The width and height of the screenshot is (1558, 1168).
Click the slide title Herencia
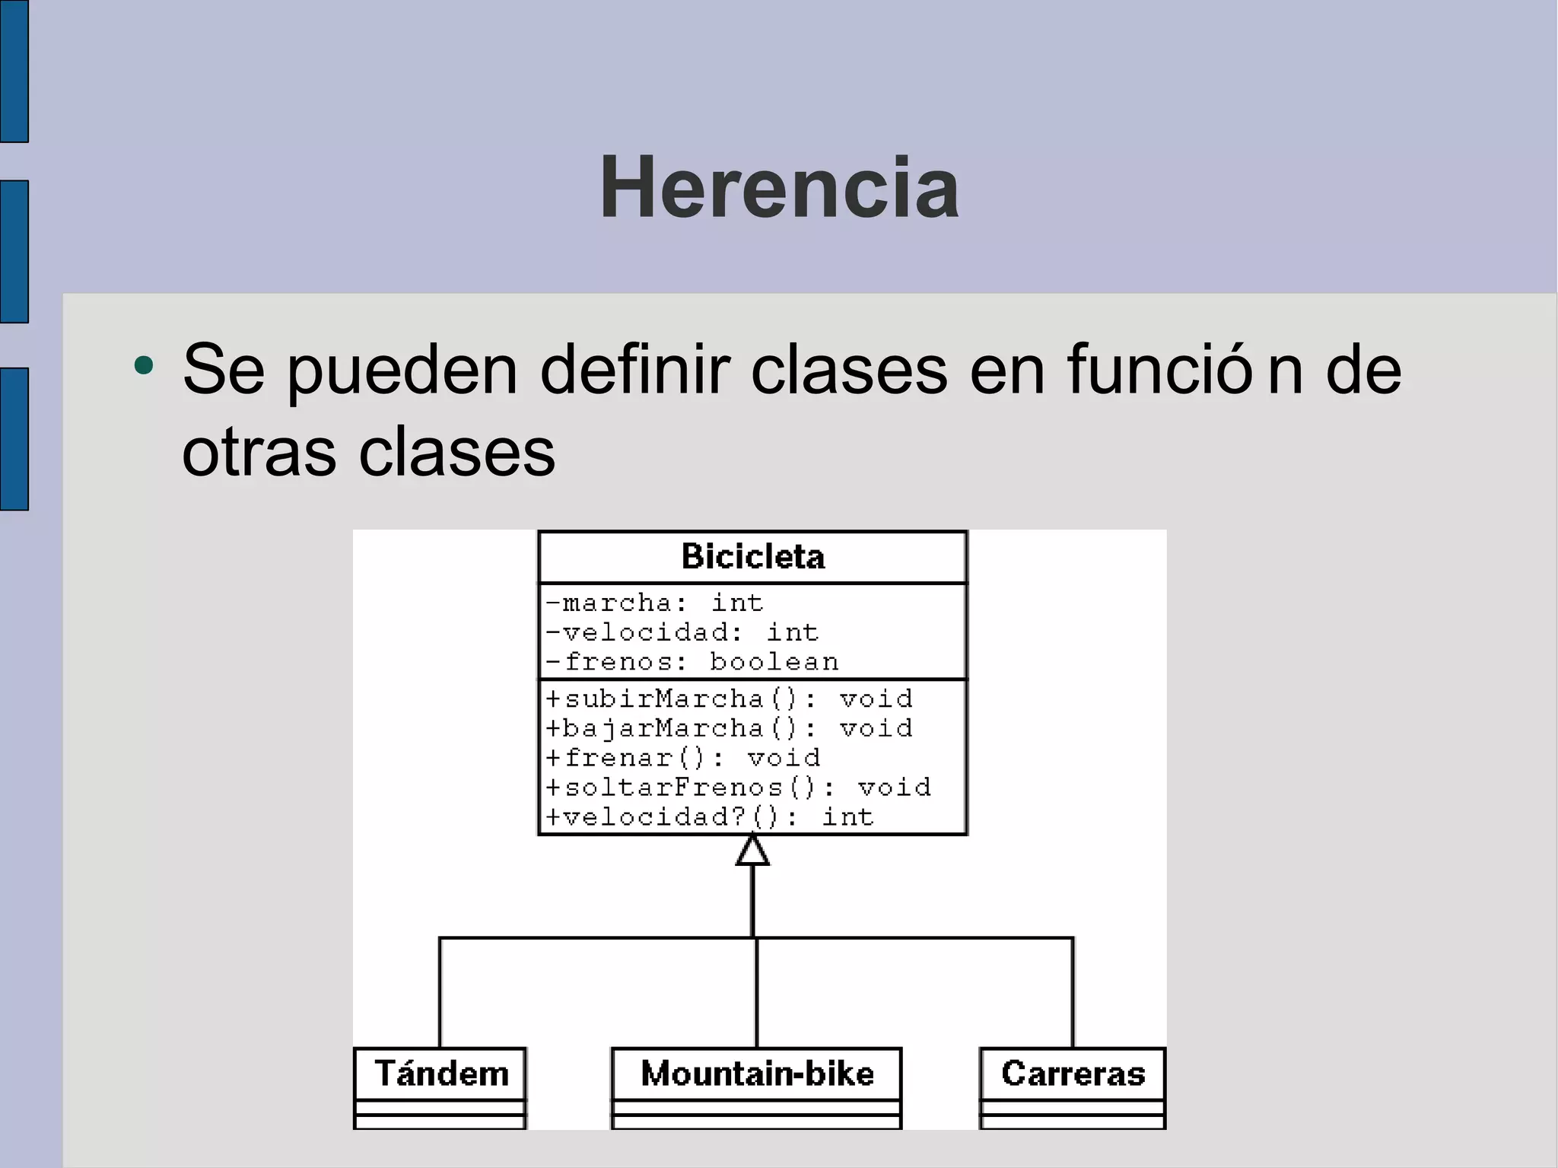779,188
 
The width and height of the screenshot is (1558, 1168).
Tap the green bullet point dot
143,366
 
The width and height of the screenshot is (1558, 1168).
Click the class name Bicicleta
752,557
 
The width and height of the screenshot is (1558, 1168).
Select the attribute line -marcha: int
654,603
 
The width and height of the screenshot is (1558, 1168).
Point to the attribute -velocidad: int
682,632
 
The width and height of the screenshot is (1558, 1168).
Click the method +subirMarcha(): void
729,699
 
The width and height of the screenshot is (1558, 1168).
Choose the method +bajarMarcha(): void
729,728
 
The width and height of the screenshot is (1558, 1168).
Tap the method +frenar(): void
683,758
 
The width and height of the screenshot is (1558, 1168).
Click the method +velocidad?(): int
710,817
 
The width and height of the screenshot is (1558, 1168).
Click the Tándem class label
441,1074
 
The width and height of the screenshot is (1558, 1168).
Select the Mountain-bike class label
757,1074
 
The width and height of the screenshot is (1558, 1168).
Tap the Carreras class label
1073,1074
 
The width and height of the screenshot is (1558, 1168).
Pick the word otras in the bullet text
259,452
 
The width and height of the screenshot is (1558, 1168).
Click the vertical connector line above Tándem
440,993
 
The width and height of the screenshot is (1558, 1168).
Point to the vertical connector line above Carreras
1073,993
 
